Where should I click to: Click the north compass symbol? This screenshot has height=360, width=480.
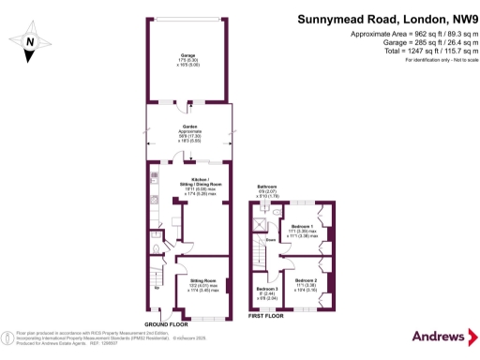[32, 41]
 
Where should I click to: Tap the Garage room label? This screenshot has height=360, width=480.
[188, 55]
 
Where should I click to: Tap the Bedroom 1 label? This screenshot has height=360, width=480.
[302, 227]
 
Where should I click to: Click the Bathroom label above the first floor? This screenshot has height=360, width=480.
[267, 187]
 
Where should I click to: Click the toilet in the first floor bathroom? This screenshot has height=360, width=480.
[277, 213]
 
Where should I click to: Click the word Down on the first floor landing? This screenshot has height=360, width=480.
[269, 239]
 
